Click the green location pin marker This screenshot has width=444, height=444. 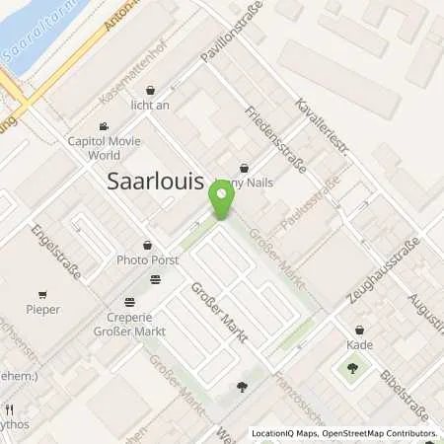221,202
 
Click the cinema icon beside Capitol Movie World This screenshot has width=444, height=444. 103,125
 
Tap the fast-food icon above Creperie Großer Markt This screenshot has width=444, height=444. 155,280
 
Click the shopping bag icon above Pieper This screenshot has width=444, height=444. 42,293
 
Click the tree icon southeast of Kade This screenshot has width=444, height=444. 352,369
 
